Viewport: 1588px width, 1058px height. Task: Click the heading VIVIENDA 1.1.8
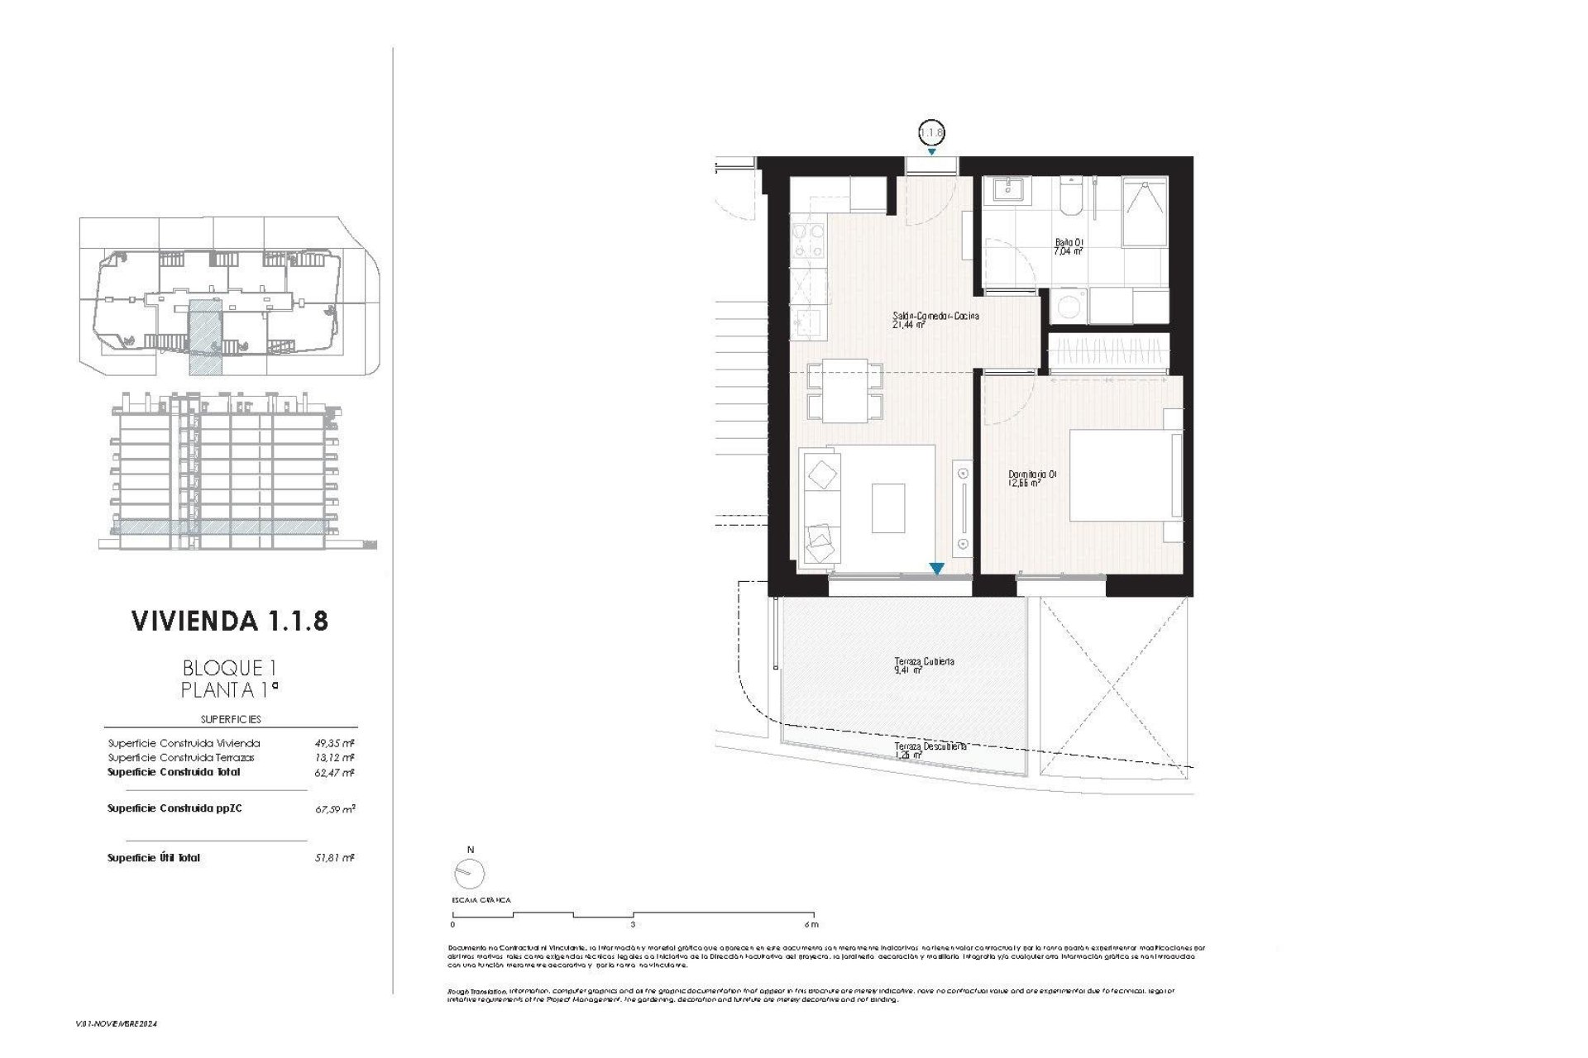(230, 621)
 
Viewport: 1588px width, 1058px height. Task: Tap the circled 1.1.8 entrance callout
(931, 132)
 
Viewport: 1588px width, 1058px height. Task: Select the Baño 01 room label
(1068, 246)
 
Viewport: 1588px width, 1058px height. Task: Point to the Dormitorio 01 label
(1031, 479)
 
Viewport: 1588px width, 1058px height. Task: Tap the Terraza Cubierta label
(924, 665)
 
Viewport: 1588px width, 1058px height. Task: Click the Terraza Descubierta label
(930, 749)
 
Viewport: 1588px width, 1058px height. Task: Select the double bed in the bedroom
(1125, 475)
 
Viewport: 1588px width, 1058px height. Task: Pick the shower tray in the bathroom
(1144, 213)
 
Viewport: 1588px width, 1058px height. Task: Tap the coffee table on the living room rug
(888, 508)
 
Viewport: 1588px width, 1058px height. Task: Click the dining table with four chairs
(844, 390)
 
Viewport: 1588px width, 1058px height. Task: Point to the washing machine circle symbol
(1069, 306)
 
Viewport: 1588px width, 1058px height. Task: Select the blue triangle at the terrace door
(936, 569)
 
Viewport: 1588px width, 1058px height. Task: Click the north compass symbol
(469, 872)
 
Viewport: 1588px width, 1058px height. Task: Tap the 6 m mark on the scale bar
(811, 924)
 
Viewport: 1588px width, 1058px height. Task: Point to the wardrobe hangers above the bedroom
(1108, 354)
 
